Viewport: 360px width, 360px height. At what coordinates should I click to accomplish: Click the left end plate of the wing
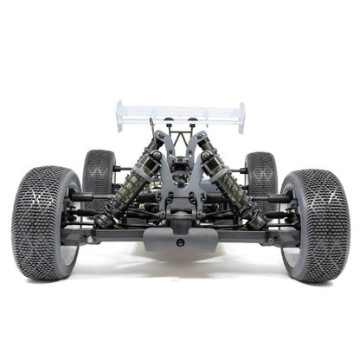pos(120,117)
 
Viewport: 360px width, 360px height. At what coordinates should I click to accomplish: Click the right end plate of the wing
pos(241,117)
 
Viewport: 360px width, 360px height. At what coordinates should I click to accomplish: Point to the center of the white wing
pos(180,112)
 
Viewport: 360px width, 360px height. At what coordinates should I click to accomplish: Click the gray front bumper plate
pos(180,238)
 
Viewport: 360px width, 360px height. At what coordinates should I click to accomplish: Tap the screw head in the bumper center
pos(180,243)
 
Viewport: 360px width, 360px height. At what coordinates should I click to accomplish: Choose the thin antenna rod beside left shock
pos(152,130)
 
